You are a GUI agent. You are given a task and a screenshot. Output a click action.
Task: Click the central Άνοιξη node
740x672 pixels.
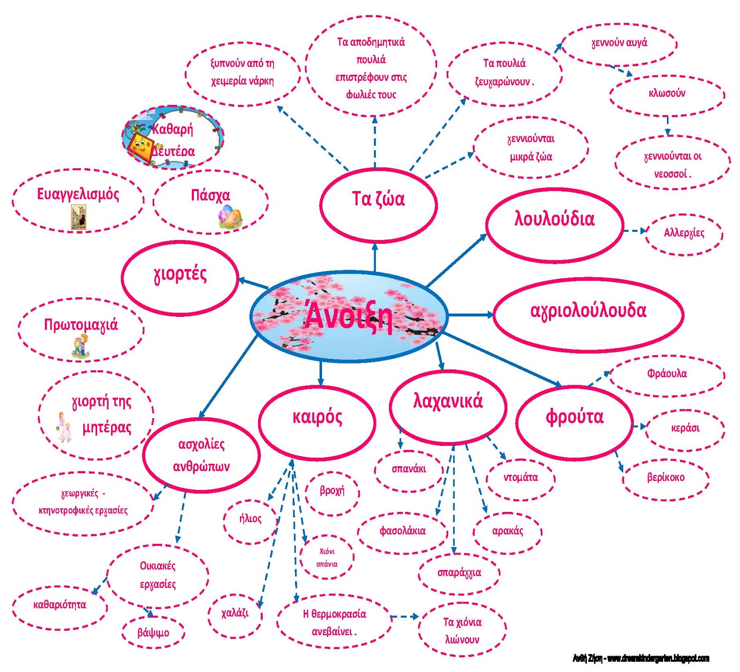[x=349, y=317]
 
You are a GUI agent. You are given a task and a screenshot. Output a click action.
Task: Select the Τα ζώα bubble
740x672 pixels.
[x=378, y=204]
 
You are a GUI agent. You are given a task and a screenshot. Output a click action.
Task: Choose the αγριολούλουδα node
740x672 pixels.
[x=588, y=315]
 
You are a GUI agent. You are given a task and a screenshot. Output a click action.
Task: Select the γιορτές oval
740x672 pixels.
[x=180, y=278]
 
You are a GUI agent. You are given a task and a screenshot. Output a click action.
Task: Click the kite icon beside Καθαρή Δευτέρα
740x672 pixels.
[x=141, y=146]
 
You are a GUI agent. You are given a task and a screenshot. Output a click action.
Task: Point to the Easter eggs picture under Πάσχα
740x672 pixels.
[x=230, y=216]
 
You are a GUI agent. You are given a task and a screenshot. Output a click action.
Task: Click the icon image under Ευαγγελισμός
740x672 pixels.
[x=78, y=217]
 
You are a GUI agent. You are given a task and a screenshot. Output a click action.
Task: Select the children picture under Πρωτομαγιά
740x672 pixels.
[x=80, y=346]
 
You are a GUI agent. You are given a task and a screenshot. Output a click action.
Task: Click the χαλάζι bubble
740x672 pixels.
[x=235, y=616]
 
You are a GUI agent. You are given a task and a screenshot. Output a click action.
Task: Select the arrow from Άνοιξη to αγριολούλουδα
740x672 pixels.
[x=471, y=315]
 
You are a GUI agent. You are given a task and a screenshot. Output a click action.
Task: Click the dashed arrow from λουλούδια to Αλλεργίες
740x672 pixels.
[x=635, y=230]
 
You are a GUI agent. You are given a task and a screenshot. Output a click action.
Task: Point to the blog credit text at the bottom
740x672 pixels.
[x=641, y=659]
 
